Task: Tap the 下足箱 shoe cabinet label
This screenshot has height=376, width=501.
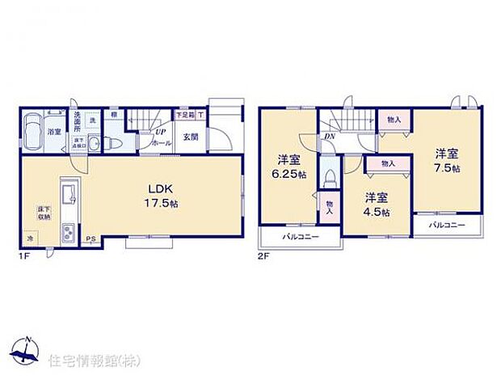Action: click(186, 116)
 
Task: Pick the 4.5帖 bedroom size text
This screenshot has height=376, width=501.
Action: click(375, 213)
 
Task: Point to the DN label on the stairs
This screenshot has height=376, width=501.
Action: click(330, 136)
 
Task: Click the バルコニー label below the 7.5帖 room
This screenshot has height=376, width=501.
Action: click(446, 225)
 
